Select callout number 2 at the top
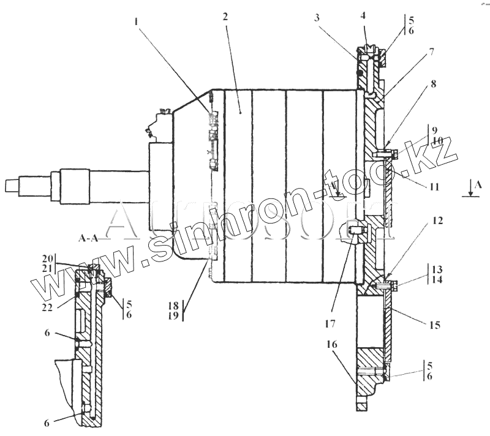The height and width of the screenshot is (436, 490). (x=225, y=17)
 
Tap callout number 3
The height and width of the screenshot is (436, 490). (x=317, y=18)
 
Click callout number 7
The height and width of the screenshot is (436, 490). (x=432, y=52)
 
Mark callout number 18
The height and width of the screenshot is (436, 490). (x=175, y=304)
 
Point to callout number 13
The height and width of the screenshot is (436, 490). (x=435, y=269)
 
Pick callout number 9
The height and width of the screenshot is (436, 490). (x=434, y=130)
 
